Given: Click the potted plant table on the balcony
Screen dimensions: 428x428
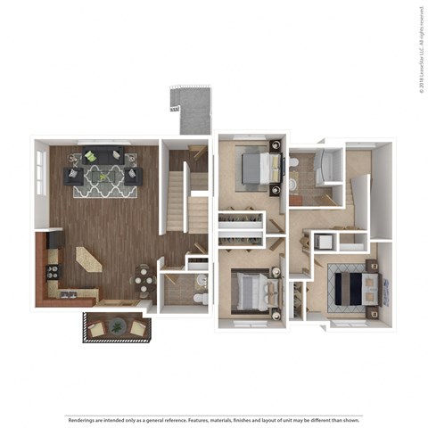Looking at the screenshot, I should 117,327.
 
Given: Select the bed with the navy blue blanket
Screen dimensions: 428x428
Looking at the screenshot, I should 356,286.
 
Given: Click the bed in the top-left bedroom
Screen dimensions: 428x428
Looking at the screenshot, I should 258,164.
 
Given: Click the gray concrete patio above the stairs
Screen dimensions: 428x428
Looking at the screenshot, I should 191,111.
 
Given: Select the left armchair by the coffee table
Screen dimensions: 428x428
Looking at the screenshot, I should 72,176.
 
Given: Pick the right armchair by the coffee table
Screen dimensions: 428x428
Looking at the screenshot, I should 131,176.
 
